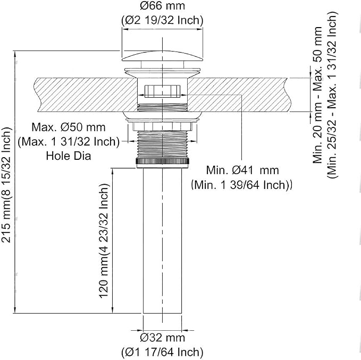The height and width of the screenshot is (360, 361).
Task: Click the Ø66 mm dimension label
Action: pyautogui.click(x=162, y=6)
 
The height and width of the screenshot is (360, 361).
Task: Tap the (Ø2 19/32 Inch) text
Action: pyautogui.click(x=162, y=21)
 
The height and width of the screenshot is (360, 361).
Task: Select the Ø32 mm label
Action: pyautogui.click(x=162, y=338)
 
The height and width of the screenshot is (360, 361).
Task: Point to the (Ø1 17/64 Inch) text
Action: pyautogui.click(x=162, y=352)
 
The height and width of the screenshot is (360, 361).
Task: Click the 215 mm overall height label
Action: pyautogui.click(x=6, y=185)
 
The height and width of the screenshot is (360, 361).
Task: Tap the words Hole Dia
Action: pyautogui.click(x=69, y=156)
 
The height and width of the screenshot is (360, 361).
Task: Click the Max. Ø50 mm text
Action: pyautogui.click(x=69, y=127)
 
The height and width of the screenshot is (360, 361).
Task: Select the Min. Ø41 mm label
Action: pyautogui.click(x=242, y=170)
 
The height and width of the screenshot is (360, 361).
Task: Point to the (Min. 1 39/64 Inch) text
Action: pyautogui.click(x=241, y=185)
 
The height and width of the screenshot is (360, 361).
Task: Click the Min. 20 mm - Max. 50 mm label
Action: pyautogui.click(x=317, y=95)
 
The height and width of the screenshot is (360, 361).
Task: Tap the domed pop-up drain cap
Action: pyautogui.click(x=163, y=56)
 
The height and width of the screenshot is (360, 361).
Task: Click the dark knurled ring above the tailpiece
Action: pyautogui.click(x=163, y=161)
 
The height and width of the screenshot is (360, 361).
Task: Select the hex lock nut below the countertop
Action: pyautogui.click(x=163, y=126)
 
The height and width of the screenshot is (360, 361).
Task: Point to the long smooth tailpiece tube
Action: pyautogui.click(x=162, y=241)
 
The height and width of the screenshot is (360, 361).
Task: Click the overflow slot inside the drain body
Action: pyautogui.click(x=162, y=91)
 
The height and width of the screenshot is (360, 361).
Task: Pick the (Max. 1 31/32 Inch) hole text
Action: pyautogui.click(x=69, y=142)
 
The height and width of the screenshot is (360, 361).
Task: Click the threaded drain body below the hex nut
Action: pyautogui.click(x=163, y=144)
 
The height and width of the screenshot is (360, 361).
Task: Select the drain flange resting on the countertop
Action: pyautogui.click(x=163, y=72)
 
